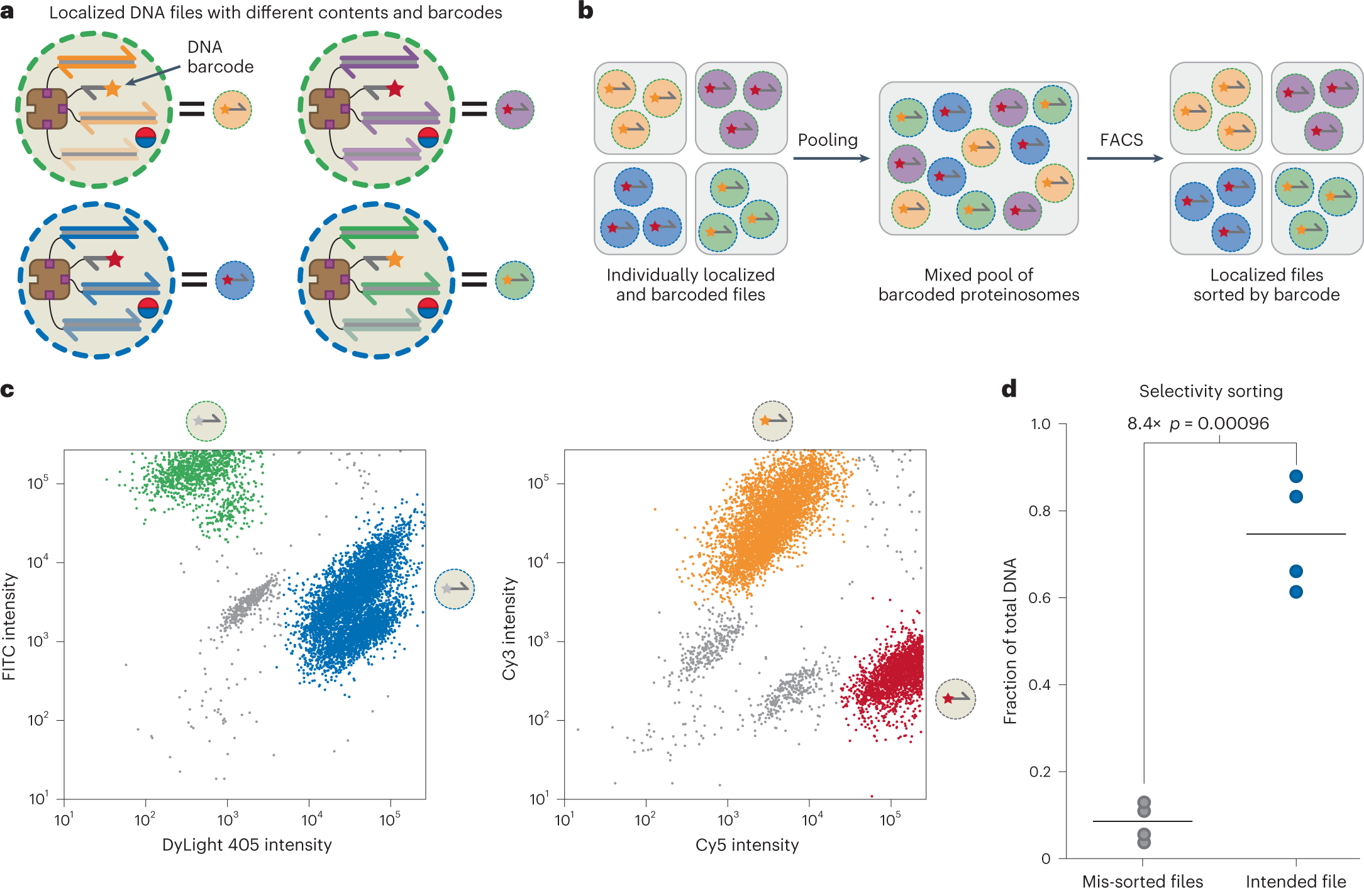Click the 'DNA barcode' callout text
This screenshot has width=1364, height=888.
219,57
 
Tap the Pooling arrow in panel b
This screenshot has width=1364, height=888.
830,158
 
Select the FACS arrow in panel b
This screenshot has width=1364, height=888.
1124,158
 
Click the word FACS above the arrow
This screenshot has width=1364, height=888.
1121,140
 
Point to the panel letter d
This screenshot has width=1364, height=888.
1009,389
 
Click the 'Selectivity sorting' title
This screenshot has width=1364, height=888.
1211,391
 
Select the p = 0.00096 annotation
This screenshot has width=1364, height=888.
1219,423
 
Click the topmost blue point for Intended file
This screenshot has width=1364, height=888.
1295,476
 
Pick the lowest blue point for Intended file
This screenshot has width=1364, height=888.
1295,592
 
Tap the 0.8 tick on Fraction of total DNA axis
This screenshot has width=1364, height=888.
1040,511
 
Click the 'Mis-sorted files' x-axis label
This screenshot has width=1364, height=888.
1142,880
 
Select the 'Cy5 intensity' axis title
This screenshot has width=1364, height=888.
746,845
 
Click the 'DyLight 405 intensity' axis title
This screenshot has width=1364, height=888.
247,845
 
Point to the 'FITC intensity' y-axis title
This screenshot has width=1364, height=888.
9,626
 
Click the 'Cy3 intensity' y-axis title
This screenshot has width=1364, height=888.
509,628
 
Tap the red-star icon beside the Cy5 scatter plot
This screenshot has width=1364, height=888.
955,699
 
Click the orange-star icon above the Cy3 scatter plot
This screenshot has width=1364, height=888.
772,421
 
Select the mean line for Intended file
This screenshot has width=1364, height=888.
1295,534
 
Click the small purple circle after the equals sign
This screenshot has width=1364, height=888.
514,110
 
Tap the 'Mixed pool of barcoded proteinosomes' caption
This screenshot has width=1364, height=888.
979,284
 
